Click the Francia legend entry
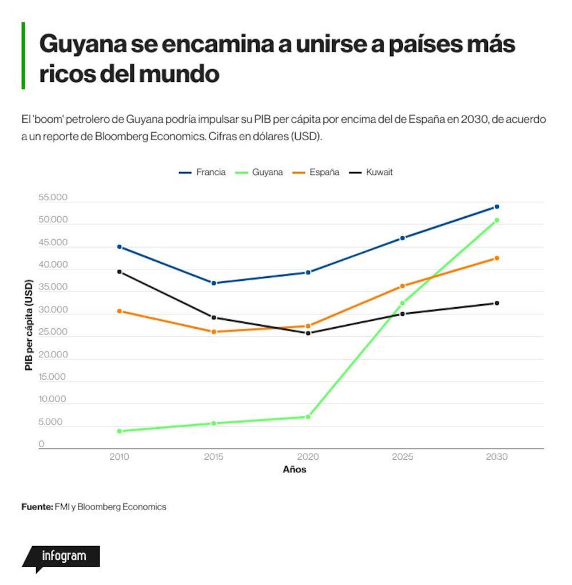click(x=202, y=172)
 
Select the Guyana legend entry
click(x=259, y=172)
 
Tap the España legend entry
click(x=316, y=172)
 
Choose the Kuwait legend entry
click(x=371, y=172)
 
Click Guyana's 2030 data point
click(x=496, y=221)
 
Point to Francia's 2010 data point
click(x=120, y=247)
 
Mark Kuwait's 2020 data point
click(x=308, y=333)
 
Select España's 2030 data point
click(x=496, y=258)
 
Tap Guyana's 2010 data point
click(x=120, y=431)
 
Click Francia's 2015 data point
click(x=214, y=283)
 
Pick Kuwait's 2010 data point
click(x=120, y=272)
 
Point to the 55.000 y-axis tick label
click(x=53, y=197)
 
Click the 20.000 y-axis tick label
click(x=53, y=355)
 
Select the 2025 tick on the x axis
click(x=402, y=457)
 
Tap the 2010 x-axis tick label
click(x=120, y=457)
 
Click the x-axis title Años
click(x=295, y=469)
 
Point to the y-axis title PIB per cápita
click(x=29, y=325)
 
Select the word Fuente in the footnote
click(x=37, y=507)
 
